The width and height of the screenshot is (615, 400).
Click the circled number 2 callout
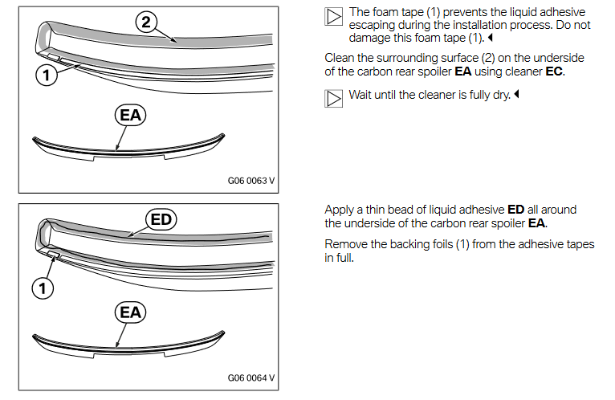point(145,22)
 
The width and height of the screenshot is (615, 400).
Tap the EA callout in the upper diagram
point(130,116)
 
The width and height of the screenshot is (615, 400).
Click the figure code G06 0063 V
point(251,182)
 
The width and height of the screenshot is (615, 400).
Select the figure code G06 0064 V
point(251,378)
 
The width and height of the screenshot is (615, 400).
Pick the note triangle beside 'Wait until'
point(333,96)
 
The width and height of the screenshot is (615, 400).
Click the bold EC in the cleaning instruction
point(554,72)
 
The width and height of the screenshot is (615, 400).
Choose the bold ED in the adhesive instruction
point(516,210)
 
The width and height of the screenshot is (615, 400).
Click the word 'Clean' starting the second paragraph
point(340,59)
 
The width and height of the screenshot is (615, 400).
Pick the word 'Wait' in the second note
point(362,95)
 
